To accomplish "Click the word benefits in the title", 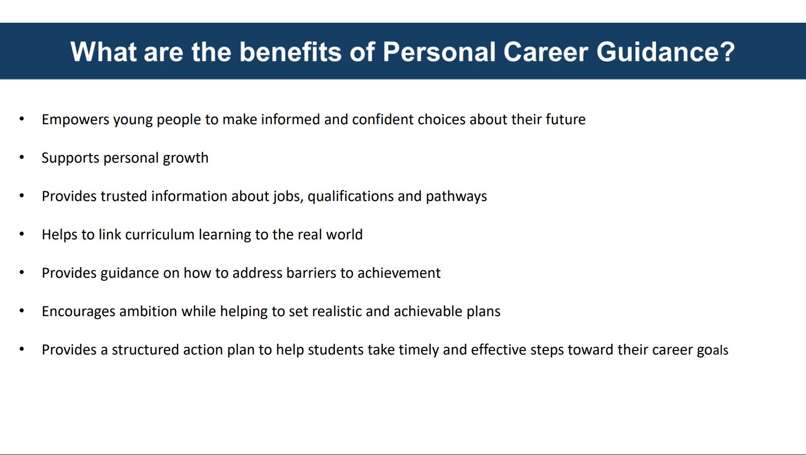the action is point(291,52).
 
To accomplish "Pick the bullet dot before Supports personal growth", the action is point(22,158).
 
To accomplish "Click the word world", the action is point(344,234).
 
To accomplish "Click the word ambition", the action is point(148,311).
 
